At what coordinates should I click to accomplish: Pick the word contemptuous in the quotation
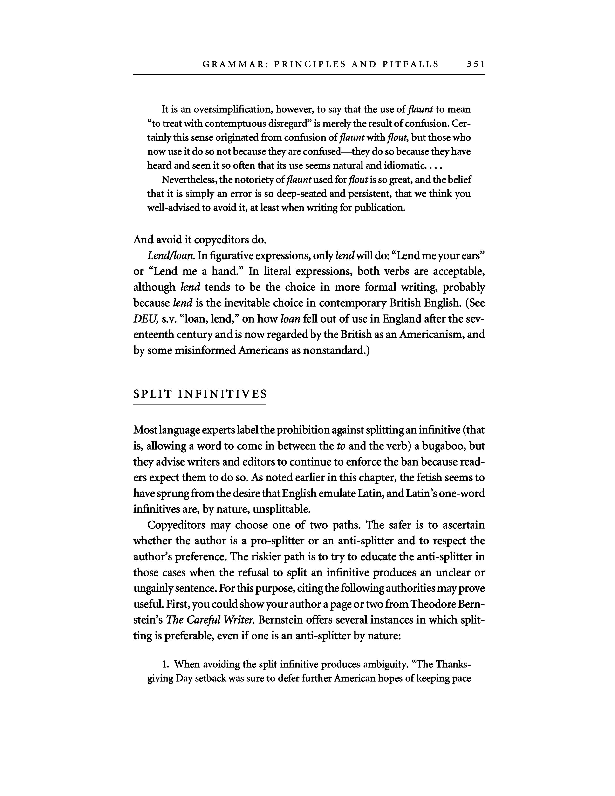click(x=235, y=124)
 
